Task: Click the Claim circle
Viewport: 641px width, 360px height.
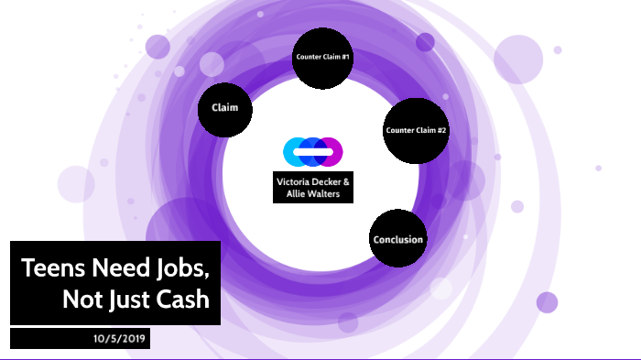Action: pos(225,108)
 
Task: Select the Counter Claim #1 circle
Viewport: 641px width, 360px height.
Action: pos(323,58)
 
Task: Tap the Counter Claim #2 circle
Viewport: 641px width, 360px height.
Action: pos(417,131)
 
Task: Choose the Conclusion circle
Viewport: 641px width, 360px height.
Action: pos(398,240)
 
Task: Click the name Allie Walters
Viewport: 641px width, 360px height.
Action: pos(313,194)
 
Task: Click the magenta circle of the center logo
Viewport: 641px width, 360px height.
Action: pos(331,150)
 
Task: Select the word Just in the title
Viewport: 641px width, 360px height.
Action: pos(129,299)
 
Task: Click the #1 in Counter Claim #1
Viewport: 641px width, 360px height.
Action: pos(344,58)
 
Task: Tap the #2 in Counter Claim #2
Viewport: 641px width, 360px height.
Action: pos(441,131)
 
